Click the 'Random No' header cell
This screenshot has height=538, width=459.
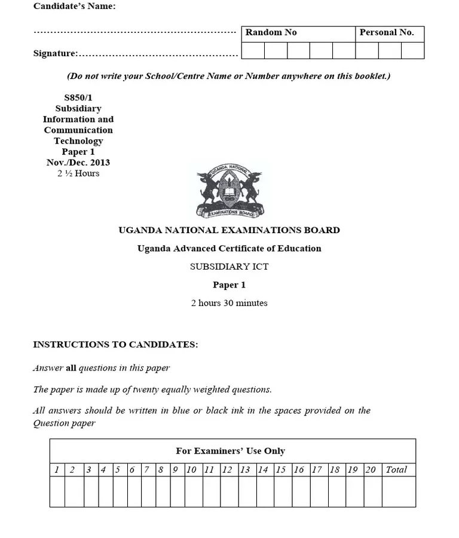point(271,33)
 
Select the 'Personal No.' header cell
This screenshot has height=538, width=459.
point(386,33)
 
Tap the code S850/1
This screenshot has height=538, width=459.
point(78,97)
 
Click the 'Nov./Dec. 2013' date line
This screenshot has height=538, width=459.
point(78,163)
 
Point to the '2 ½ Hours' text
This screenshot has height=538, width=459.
point(78,173)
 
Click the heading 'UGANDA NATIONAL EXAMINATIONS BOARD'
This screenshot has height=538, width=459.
point(229,230)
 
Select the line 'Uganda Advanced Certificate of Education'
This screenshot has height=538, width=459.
point(229,249)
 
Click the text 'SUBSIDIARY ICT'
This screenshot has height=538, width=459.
point(229,267)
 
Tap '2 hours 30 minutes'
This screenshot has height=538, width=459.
point(229,303)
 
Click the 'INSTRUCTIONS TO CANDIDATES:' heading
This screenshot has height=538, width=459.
point(115,345)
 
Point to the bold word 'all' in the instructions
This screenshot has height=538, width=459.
point(71,368)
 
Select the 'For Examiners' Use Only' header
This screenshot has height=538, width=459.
point(230,451)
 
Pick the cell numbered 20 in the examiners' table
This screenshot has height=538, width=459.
point(371,470)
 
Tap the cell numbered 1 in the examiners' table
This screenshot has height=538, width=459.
point(57,470)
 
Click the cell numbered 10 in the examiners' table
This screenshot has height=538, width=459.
point(191,470)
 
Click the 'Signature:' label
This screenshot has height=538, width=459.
point(56,54)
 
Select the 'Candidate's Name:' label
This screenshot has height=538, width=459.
point(75,7)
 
